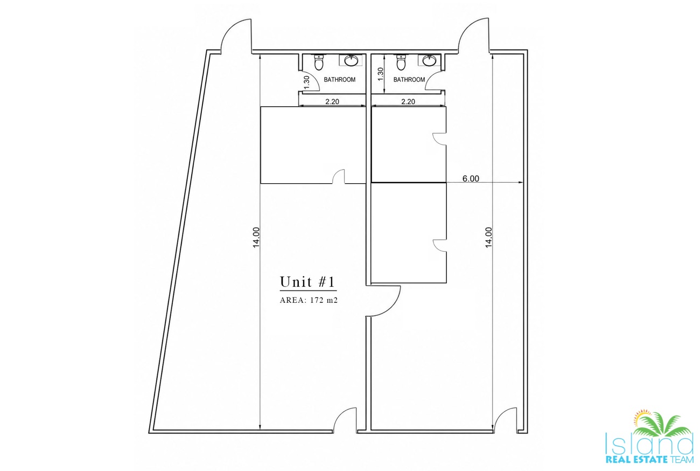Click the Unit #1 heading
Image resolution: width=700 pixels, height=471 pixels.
pos(307,282)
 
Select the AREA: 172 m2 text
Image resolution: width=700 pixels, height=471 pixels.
pos(309,300)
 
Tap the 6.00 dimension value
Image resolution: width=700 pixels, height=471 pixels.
pos(471,178)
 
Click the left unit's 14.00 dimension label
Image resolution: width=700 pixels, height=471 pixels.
pos(256,237)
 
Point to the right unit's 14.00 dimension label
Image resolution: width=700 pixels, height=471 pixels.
pos(488,237)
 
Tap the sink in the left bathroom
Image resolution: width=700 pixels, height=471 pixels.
pos(352,60)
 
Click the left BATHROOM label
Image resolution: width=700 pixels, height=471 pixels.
pos(340,79)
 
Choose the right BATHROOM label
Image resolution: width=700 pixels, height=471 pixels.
pos(409,79)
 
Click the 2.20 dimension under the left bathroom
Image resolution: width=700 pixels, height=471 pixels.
pos(332,101)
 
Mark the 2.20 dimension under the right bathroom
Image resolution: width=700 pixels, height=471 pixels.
pos(408,101)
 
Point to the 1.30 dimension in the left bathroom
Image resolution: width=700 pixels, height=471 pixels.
pos(306,82)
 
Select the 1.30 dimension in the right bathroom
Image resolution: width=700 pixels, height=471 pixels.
pos(380,74)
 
